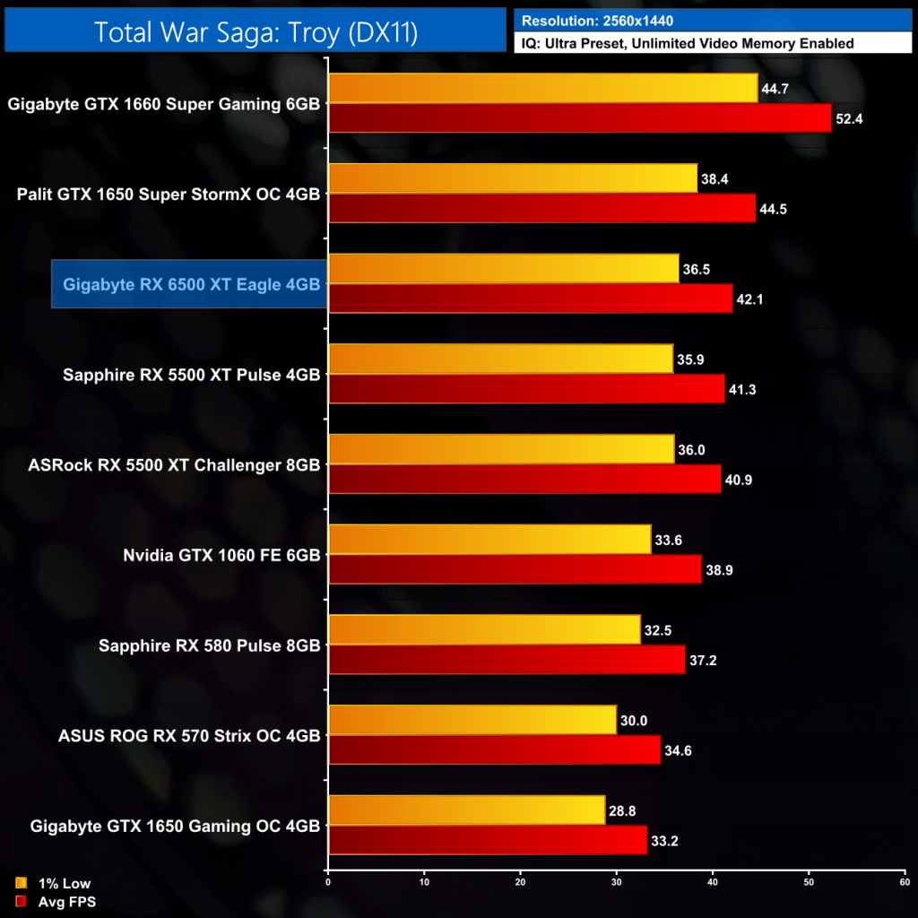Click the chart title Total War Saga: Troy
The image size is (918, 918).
pyautogui.click(x=255, y=32)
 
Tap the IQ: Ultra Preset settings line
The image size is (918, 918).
pyautogui.click(x=687, y=43)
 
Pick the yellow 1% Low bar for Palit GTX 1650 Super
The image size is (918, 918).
pyautogui.click(x=513, y=178)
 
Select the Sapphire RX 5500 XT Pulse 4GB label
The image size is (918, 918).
pyautogui.click(x=191, y=375)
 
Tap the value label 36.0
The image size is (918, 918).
pyautogui.click(x=691, y=449)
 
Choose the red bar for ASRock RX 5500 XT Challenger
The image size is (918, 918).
pyautogui.click(x=525, y=479)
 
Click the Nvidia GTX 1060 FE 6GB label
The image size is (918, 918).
pyautogui.click(x=221, y=555)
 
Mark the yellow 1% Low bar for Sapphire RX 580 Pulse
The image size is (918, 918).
pyautogui.click(x=484, y=629)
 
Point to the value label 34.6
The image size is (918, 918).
pyautogui.click(x=678, y=750)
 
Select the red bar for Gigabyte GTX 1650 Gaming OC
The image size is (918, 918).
pyautogui.click(x=488, y=840)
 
